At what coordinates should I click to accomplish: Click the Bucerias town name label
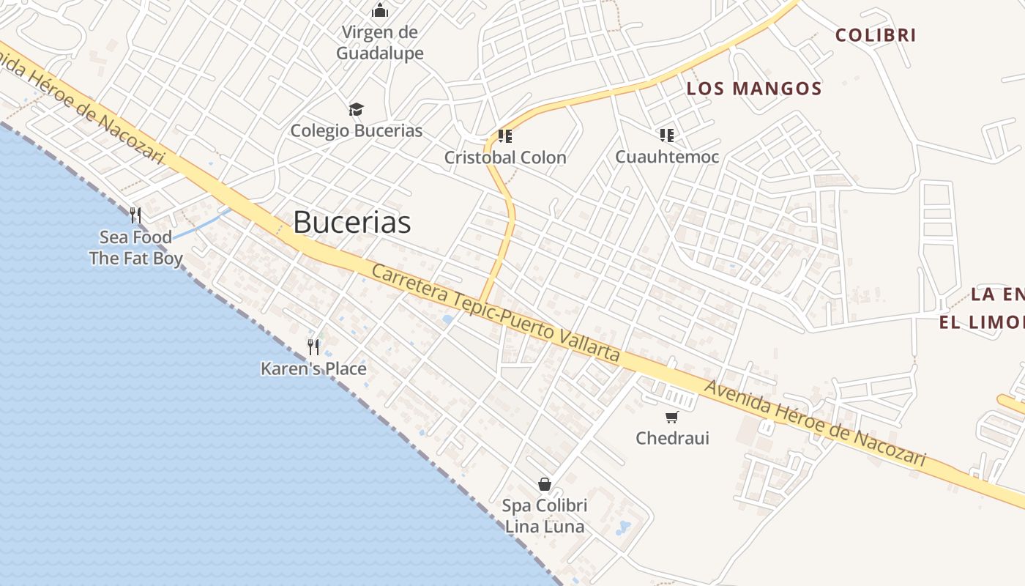click(352, 223)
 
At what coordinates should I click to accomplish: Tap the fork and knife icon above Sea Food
click(135, 215)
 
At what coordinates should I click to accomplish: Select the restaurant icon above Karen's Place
click(313, 346)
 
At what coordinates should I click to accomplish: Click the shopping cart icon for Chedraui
click(671, 417)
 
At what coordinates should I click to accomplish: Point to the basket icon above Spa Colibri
click(545, 483)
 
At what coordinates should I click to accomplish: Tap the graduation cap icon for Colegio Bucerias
click(356, 109)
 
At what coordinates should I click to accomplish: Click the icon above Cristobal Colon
click(504, 136)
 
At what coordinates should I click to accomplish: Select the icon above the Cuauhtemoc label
click(666, 135)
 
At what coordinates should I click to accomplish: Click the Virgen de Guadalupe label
click(380, 42)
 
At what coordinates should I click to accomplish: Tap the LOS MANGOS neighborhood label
click(754, 89)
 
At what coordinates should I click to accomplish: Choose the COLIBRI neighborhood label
click(876, 35)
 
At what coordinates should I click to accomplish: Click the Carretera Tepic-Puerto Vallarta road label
click(496, 314)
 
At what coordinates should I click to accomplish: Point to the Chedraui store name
click(672, 438)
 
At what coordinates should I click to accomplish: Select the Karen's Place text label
click(313, 368)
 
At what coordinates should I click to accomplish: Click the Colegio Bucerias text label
click(357, 130)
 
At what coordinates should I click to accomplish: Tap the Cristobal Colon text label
click(505, 157)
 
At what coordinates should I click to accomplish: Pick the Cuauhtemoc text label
click(667, 157)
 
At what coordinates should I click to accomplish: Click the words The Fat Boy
click(135, 259)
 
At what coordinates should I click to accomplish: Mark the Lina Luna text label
click(545, 527)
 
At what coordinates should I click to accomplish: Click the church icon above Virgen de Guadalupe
click(380, 10)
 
